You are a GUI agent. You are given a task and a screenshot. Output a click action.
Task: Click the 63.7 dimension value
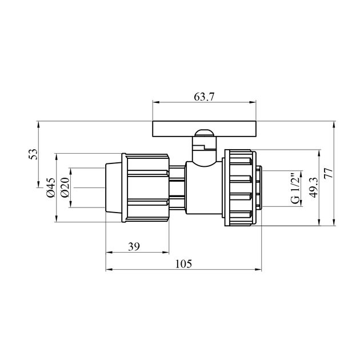204,97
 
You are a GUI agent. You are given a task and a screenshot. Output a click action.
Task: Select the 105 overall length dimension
183,264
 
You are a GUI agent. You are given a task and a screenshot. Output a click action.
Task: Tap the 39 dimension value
134,247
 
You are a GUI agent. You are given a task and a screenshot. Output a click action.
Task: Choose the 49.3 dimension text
313,187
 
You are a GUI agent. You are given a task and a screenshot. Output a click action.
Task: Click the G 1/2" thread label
295,189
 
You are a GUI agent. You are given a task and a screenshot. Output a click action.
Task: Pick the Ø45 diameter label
51,187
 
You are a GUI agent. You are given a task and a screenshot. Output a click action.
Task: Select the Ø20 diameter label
65,187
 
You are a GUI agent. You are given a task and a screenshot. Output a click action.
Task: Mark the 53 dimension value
33,154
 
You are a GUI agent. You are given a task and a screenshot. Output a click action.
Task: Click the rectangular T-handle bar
204,129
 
